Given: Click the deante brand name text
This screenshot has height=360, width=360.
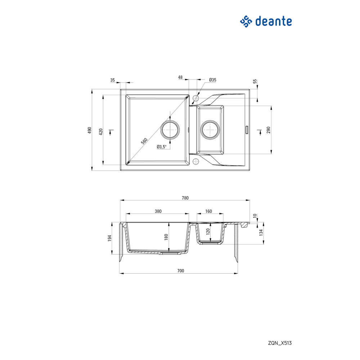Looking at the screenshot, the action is (274, 21).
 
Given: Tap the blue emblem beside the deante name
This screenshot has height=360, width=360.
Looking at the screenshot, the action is (246, 22).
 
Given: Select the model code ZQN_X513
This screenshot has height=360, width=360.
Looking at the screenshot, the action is (280, 343).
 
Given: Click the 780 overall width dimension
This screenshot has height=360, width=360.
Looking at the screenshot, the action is (185, 198).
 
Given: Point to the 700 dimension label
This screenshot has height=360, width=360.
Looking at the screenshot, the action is (181, 271).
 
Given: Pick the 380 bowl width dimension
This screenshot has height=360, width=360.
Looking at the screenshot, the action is (158, 211).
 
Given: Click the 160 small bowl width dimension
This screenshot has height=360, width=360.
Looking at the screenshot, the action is (208, 211).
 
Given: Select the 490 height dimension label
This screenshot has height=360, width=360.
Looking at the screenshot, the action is (90, 130).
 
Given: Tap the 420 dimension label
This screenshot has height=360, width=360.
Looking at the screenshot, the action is (101, 132).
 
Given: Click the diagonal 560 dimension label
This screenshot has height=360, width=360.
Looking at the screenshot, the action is (144, 141).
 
